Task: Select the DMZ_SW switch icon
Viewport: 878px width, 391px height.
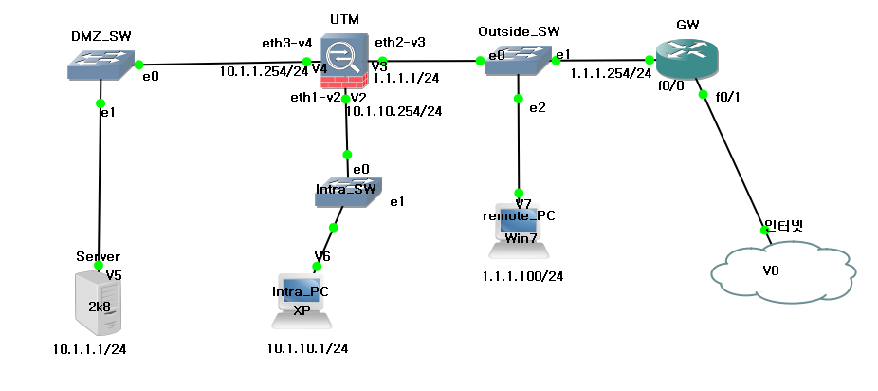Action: [x=100, y=64]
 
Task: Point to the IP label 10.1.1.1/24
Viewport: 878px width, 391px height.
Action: [x=89, y=349]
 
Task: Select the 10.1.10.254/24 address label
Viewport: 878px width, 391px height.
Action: [x=394, y=111]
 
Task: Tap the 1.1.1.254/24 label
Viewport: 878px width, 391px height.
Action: [x=611, y=72]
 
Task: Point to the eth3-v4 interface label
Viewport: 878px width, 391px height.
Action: [x=287, y=44]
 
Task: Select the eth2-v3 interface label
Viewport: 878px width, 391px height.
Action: [x=399, y=42]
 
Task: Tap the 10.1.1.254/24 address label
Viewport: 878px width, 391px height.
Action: [x=259, y=70]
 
